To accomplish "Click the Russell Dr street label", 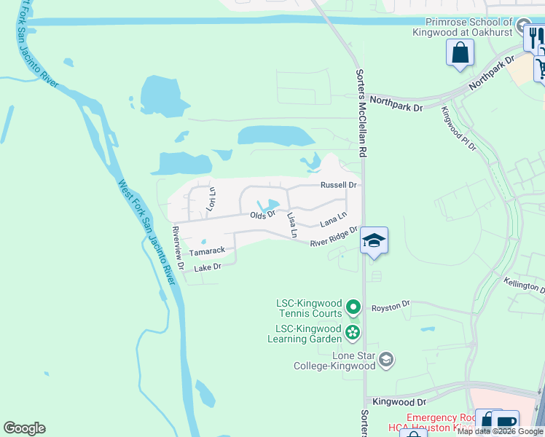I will [x=339, y=185].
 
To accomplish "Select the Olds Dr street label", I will [x=262, y=215].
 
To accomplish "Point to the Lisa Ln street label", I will [x=292, y=226].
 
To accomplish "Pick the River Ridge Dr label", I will [x=334, y=238].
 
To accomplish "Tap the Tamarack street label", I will [x=207, y=251].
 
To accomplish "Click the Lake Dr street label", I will [x=208, y=267].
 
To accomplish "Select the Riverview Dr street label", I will [x=177, y=243].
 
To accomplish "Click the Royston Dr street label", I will [x=391, y=307].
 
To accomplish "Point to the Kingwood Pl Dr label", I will [x=458, y=129].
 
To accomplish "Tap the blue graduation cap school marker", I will [x=374, y=240].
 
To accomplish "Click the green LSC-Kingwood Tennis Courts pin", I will [x=353, y=307].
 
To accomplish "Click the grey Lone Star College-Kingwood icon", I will [x=386, y=359].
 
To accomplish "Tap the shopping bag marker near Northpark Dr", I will [x=460, y=52].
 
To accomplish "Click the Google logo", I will [x=24, y=428].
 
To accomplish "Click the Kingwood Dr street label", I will [x=399, y=401].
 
